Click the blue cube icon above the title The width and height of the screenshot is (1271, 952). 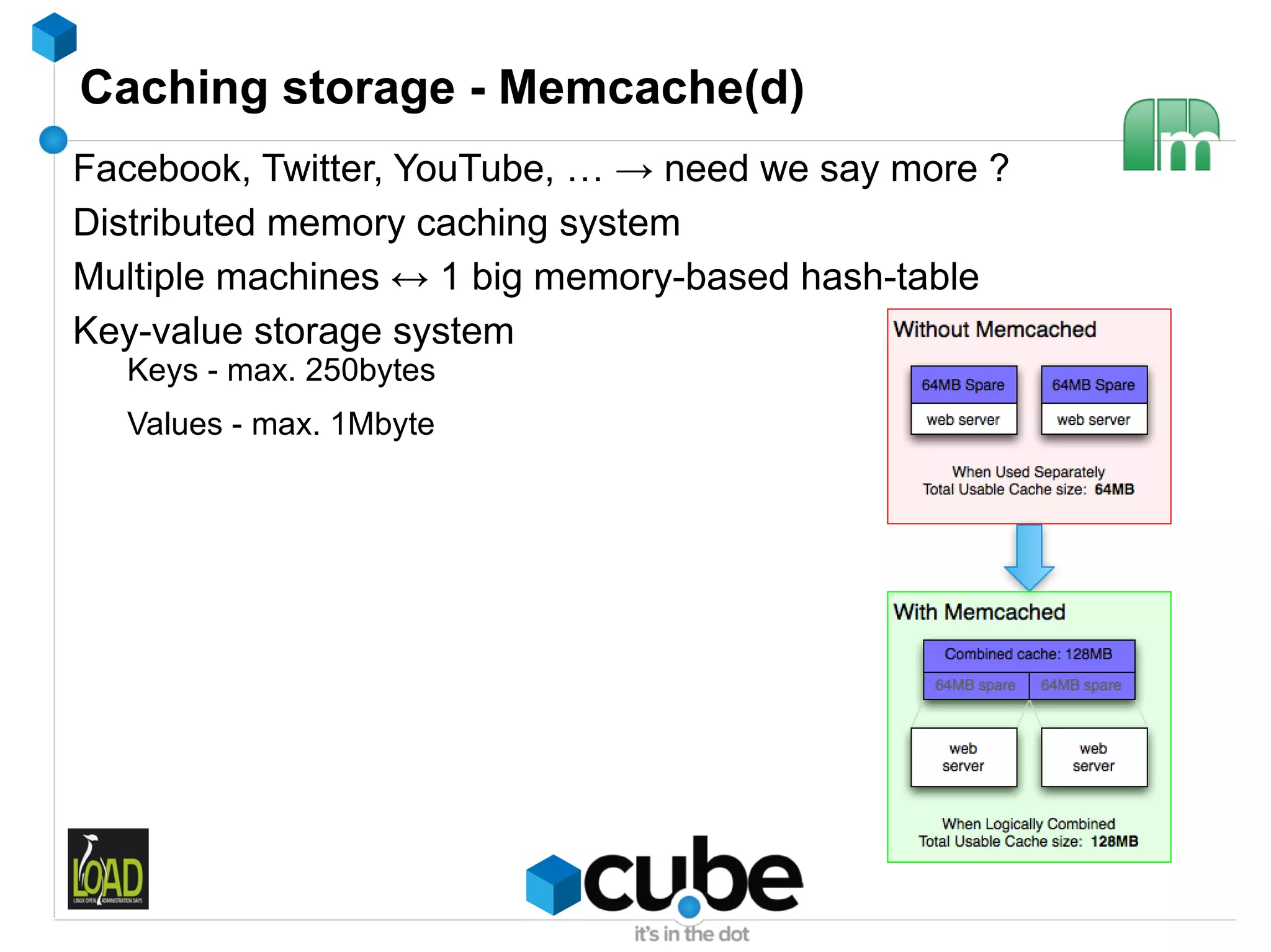coord(55,37)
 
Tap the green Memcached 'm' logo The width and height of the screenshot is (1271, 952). coord(1170,135)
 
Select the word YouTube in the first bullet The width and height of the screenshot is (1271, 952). coord(469,169)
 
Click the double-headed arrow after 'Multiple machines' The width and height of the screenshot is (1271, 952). coord(410,279)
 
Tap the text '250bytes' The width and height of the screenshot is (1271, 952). coord(370,370)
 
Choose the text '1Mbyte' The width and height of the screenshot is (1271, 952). coord(382,424)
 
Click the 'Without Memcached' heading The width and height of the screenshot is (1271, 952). coord(994,329)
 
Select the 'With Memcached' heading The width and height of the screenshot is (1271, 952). coord(979,612)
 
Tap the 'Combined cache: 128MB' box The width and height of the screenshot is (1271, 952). coord(1028,654)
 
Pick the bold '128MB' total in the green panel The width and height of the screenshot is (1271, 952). coord(1114,842)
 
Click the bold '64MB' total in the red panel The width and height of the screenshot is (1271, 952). coord(1114,489)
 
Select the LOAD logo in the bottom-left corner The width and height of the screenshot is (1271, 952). coord(108,868)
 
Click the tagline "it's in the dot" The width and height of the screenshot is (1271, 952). coord(691,934)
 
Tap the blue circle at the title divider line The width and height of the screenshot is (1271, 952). coord(53,140)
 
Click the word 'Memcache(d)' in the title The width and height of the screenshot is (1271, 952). coord(651,88)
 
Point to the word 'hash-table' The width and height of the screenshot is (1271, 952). coord(889,277)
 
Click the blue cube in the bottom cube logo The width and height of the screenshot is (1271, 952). coord(553,884)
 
